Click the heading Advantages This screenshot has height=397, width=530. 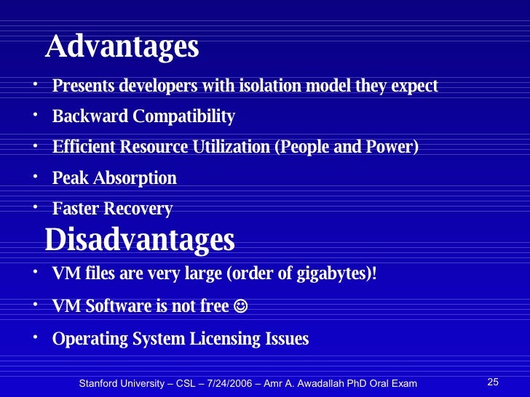pos(122,47)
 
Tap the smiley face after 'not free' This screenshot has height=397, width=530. pos(242,307)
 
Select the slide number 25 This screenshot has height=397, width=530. pos(492,382)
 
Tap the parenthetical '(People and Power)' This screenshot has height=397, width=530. pos(347,148)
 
